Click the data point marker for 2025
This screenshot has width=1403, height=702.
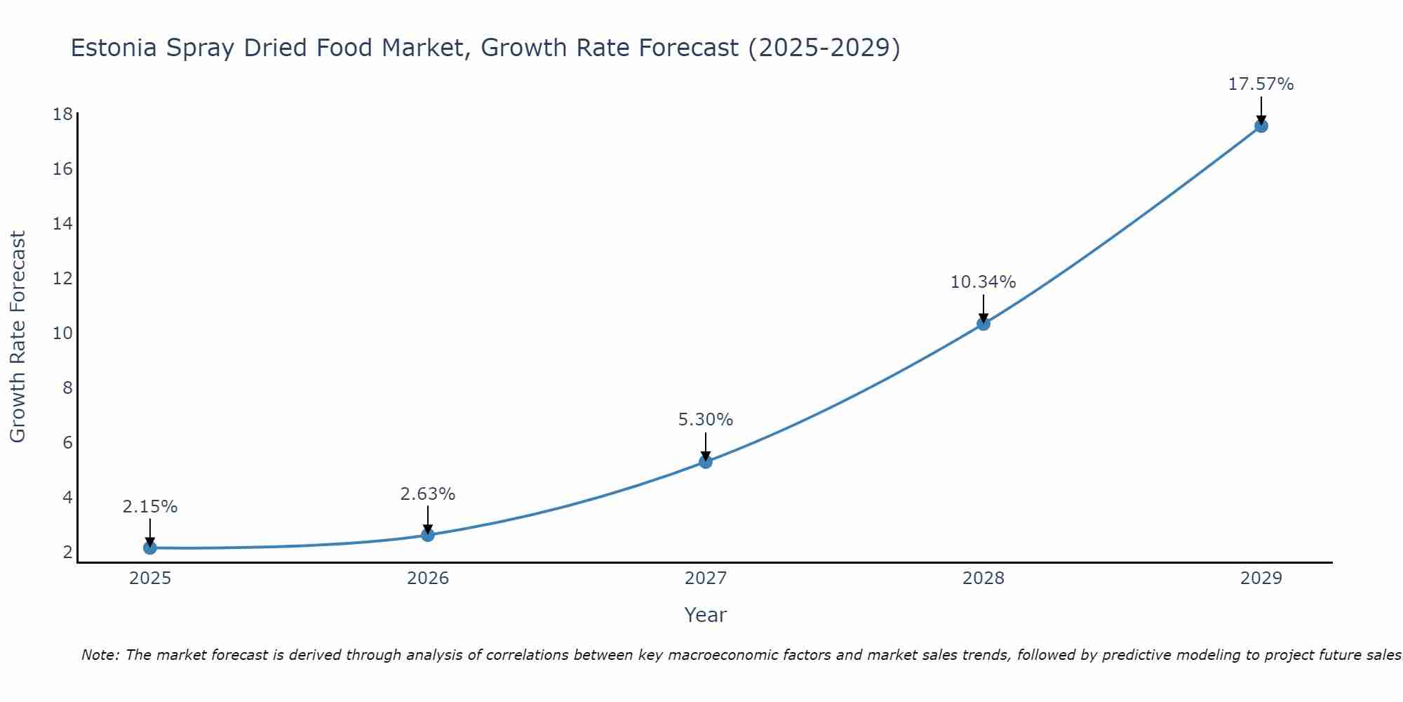(150, 548)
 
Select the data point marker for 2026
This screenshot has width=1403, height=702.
(428, 535)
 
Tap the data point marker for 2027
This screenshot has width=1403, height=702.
(706, 461)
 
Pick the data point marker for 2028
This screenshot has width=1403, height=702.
(984, 324)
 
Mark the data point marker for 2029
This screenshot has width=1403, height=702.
(1261, 126)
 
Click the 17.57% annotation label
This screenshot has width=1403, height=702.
(1261, 84)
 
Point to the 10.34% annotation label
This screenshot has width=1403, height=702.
(983, 282)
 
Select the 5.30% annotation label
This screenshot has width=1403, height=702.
(705, 420)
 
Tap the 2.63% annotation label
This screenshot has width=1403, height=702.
(427, 494)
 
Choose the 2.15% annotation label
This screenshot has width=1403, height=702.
(149, 507)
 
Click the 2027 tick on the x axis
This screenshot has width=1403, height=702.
(706, 578)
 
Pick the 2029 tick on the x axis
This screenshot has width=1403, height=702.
(1261, 578)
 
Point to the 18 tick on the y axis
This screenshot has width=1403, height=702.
(63, 114)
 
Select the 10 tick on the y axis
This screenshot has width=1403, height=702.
(63, 333)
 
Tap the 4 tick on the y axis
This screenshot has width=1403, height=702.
(67, 497)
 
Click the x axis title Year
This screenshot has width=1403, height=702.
(705, 615)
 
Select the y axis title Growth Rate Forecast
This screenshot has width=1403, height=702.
(18, 336)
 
